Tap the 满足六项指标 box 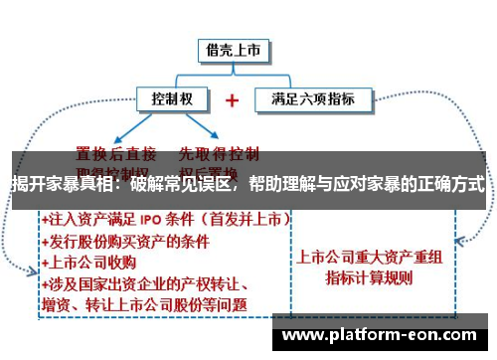(x=312, y=99)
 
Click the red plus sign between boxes (x=232, y=100)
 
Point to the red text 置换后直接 (x=117, y=153)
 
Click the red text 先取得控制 (x=219, y=153)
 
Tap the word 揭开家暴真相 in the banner (x=59, y=185)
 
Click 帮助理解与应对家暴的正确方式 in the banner (x=367, y=185)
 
